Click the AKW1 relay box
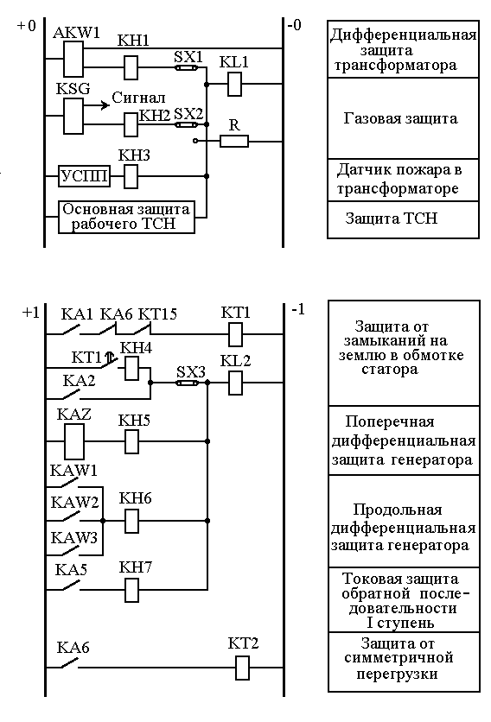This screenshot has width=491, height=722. pos(73,59)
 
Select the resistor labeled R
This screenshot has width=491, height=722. pos(234,141)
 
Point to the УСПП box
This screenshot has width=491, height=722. pos(85,176)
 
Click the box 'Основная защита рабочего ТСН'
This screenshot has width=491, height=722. pos(126,217)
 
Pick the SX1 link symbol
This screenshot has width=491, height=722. pos(187,67)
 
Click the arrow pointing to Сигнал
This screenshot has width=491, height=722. pos(96,105)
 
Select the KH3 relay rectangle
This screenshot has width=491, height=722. pos(131,176)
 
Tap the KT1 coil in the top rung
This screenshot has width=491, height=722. pos(236,334)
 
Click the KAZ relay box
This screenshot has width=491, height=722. pos(73,441)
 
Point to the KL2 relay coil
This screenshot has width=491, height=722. pos(236,383)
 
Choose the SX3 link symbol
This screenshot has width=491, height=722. pos(188,383)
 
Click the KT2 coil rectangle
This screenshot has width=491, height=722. pos(243,668)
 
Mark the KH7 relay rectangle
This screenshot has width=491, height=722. pos(132,591)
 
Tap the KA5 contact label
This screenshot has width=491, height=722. pos(71,570)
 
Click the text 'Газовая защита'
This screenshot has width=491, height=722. pos(400,119)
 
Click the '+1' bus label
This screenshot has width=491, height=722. pos(30,313)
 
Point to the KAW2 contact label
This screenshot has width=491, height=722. pos(74,502)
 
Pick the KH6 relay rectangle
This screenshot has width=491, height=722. pos(132,522)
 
